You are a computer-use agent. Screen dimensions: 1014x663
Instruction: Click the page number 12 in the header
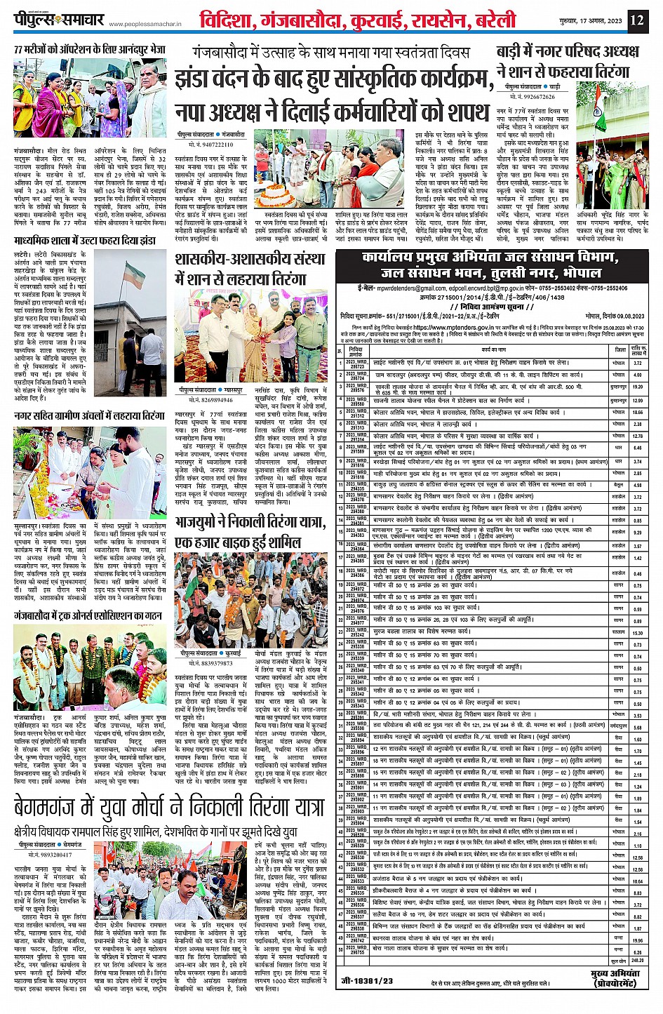[636, 20]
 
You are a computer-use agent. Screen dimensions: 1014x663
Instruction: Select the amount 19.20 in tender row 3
[637, 387]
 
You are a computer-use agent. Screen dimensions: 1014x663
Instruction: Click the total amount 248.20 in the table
[637, 961]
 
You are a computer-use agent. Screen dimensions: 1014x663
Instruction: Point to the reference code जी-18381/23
[367, 980]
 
